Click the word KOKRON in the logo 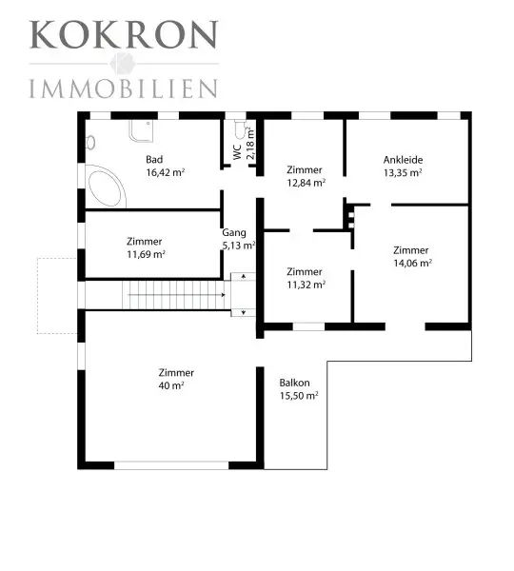pyautogui.click(x=124, y=34)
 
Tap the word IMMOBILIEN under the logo pyautogui.click(x=124, y=89)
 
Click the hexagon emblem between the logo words pyautogui.click(x=123, y=64)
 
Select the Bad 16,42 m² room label pyautogui.click(x=165, y=166)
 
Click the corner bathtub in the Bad pyautogui.click(x=106, y=187)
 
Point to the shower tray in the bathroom pyautogui.click(x=141, y=130)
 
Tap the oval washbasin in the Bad pyautogui.click(x=90, y=143)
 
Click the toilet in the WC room pyautogui.click(x=240, y=129)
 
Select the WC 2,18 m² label pyautogui.click(x=244, y=144)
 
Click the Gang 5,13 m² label pyautogui.click(x=239, y=239)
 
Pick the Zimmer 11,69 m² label pyautogui.click(x=146, y=247)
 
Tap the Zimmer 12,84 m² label pyautogui.click(x=306, y=176)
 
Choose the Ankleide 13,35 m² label pyautogui.click(x=403, y=166)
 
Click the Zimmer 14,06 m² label pyautogui.click(x=412, y=257)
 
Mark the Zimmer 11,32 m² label pyautogui.click(x=306, y=278)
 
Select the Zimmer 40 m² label pyautogui.click(x=176, y=379)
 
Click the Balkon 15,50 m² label pyautogui.click(x=299, y=389)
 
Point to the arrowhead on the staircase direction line pyautogui.click(x=224, y=295)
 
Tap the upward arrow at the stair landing pyautogui.click(x=244, y=277)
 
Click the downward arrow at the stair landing pyautogui.click(x=244, y=312)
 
